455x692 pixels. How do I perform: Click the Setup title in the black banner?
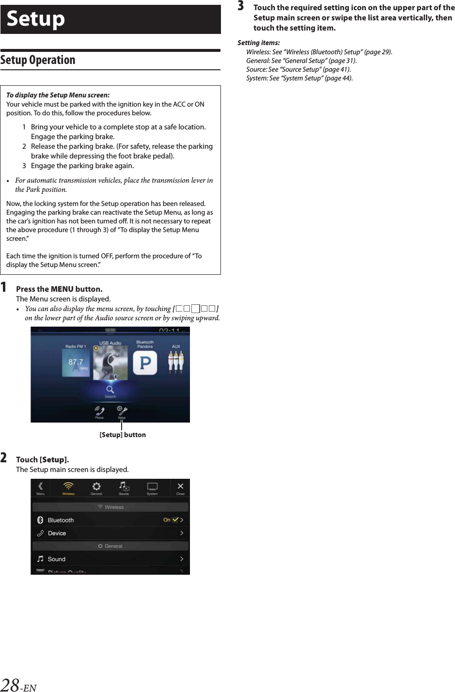pyautogui.click(x=36, y=19)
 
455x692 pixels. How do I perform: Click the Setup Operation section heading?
pyautogui.click(x=38, y=60)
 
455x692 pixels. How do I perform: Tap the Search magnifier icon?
pyautogui.click(x=110, y=390)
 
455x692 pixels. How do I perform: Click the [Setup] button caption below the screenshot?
pyautogui.click(x=123, y=435)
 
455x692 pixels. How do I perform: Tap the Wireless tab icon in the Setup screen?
pyautogui.click(x=68, y=487)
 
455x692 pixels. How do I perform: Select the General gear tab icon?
pyautogui.click(x=96, y=487)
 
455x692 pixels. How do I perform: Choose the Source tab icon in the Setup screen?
pyautogui.click(x=124, y=487)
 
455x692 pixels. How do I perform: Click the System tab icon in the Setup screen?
pyautogui.click(x=152, y=487)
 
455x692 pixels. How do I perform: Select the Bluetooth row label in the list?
pyautogui.click(x=61, y=520)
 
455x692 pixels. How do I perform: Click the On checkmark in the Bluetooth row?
pyautogui.click(x=175, y=519)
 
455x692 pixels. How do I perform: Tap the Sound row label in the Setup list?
pyautogui.click(x=56, y=559)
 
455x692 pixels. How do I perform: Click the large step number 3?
pyautogui.click(x=241, y=6)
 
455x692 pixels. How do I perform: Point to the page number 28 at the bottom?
pyautogui.click(x=10, y=685)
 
